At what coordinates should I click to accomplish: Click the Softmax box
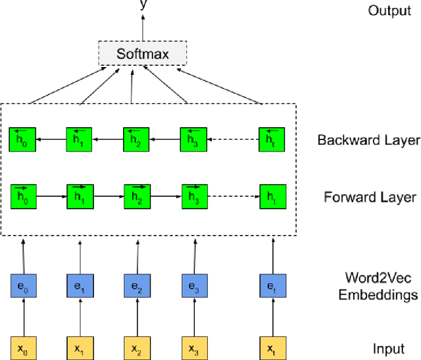(143, 53)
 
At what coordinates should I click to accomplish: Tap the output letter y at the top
(143, 5)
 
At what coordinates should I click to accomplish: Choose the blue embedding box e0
(23, 287)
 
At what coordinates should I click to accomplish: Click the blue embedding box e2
(137, 287)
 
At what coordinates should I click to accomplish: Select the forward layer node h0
(23, 196)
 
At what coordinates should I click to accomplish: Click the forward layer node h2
(137, 196)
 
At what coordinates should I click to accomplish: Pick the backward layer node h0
(23, 140)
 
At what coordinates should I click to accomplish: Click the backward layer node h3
(194, 140)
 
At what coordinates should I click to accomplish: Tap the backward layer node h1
(80, 140)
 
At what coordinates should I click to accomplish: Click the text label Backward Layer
(368, 140)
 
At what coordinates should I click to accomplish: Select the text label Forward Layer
(370, 197)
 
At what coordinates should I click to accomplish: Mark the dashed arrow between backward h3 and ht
(233, 140)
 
